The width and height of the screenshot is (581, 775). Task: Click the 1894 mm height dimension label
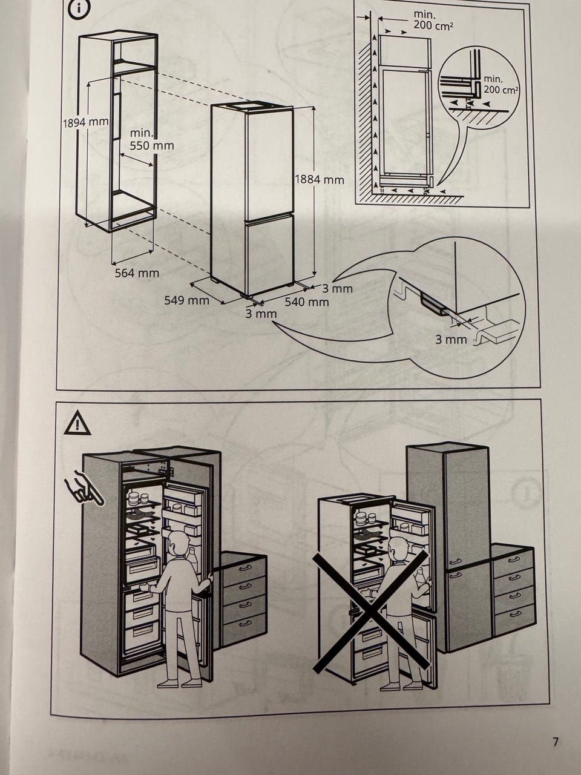85,122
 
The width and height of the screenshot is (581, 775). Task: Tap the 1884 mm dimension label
319,179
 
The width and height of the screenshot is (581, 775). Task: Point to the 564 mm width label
137,273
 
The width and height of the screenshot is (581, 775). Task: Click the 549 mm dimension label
186,300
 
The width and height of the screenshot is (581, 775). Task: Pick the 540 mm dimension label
307,302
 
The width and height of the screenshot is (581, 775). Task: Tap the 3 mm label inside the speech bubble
451,340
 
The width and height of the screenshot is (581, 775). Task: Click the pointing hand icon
85,488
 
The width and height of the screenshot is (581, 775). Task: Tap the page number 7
556,742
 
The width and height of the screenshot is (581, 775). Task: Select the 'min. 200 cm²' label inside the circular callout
501,85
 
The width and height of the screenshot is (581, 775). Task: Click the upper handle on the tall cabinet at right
456,562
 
